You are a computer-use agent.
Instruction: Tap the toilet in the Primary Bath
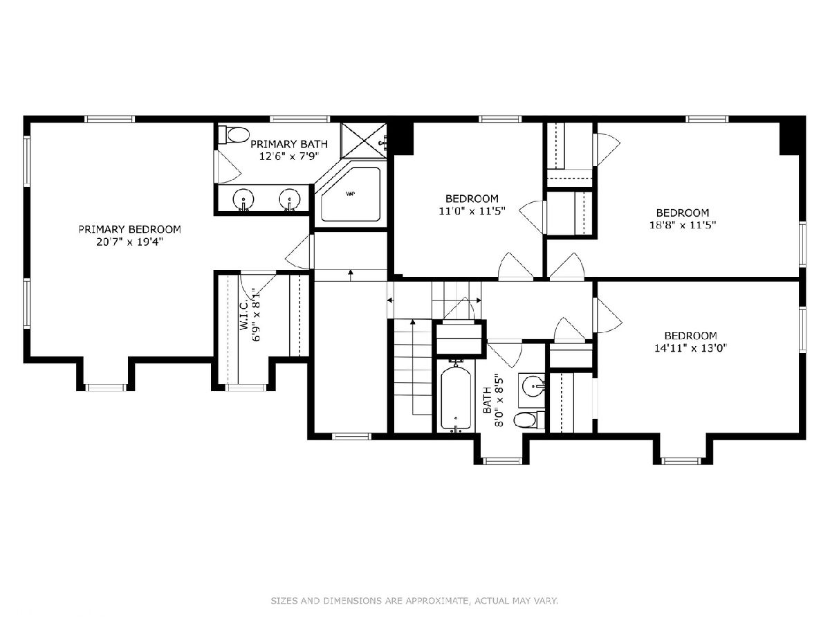tap(234, 135)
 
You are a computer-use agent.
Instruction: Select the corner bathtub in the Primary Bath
tap(350, 194)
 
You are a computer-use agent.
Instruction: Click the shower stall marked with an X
tap(363, 141)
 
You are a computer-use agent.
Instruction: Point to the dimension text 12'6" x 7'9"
tap(289, 156)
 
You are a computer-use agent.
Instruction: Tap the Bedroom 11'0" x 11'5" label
tap(472, 204)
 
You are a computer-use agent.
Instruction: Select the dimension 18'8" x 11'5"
tap(683, 225)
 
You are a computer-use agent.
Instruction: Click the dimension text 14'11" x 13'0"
tap(691, 347)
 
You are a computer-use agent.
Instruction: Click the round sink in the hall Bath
tap(533, 386)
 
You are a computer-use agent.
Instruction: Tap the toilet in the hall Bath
tap(529, 420)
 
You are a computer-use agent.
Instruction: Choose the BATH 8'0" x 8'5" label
tap(494, 400)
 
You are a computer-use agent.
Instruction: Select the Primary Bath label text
tap(289, 144)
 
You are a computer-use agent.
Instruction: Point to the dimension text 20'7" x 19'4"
tap(129, 242)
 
